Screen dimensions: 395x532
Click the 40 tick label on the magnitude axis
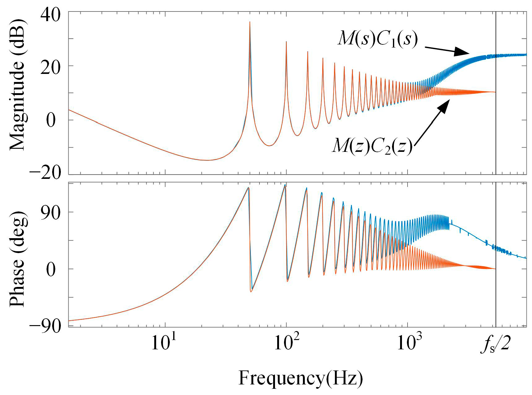click(x=50, y=15)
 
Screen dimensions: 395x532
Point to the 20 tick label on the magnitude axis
click(x=50, y=66)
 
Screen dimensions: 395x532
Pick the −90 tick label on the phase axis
click(x=45, y=326)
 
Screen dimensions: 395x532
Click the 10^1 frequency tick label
click(x=164, y=342)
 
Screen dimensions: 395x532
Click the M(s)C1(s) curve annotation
click(x=377, y=39)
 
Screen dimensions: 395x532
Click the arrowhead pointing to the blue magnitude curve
click(x=462, y=52)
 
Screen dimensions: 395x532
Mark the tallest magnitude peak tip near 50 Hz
click(x=250, y=22)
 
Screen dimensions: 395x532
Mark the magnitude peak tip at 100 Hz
click(x=286, y=42)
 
